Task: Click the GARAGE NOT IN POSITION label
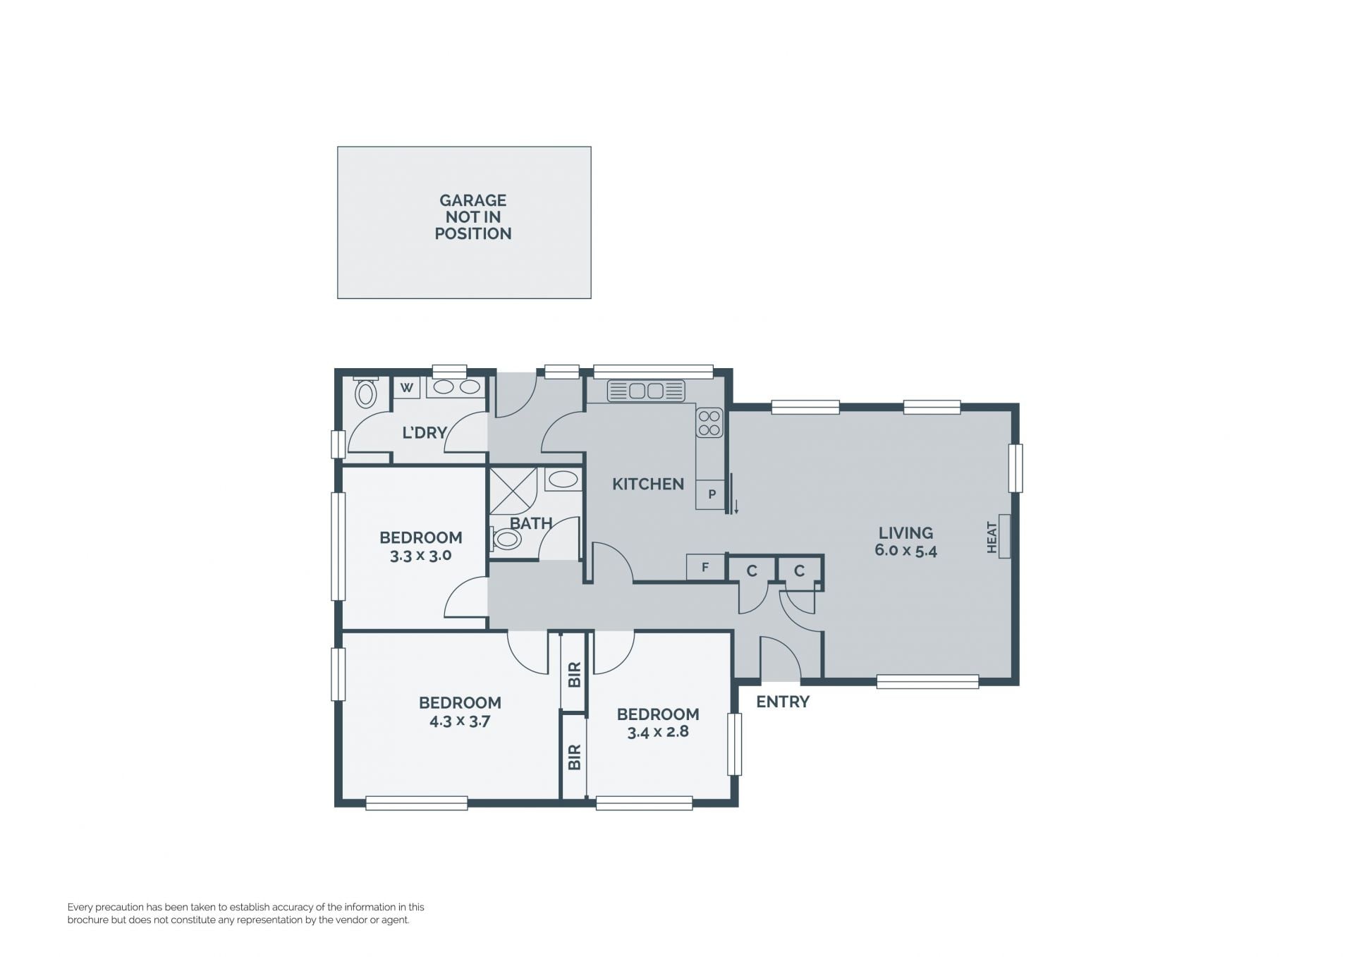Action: coord(472,217)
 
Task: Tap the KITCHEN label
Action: coord(648,484)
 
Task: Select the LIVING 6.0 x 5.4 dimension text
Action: coord(905,551)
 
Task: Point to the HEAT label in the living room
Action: coord(992,537)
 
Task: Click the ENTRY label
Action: coord(783,702)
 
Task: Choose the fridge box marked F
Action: coord(705,567)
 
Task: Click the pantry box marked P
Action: coord(711,494)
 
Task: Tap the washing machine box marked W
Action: coord(407,387)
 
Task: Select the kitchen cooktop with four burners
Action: coord(709,422)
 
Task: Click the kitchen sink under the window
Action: coord(646,391)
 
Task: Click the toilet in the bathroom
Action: coord(506,540)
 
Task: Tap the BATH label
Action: coord(531,523)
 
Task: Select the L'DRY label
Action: coord(425,432)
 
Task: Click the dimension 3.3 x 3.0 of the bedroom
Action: coord(420,556)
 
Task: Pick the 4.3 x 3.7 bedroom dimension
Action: coord(460,721)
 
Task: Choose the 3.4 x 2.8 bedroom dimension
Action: coord(658,732)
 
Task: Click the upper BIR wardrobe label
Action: coord(574,674)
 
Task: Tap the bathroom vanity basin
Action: coord(563,480)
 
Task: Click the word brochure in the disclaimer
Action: coord(87,920)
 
